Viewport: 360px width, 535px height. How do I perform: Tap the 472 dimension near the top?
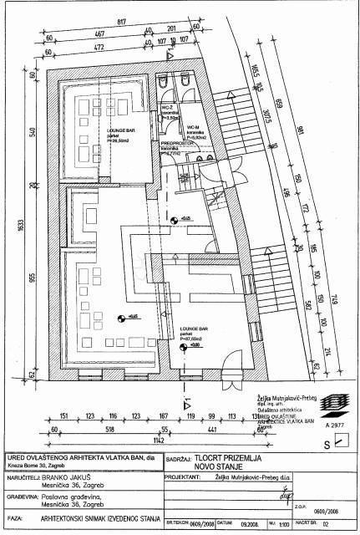click(x=100, y=49)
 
